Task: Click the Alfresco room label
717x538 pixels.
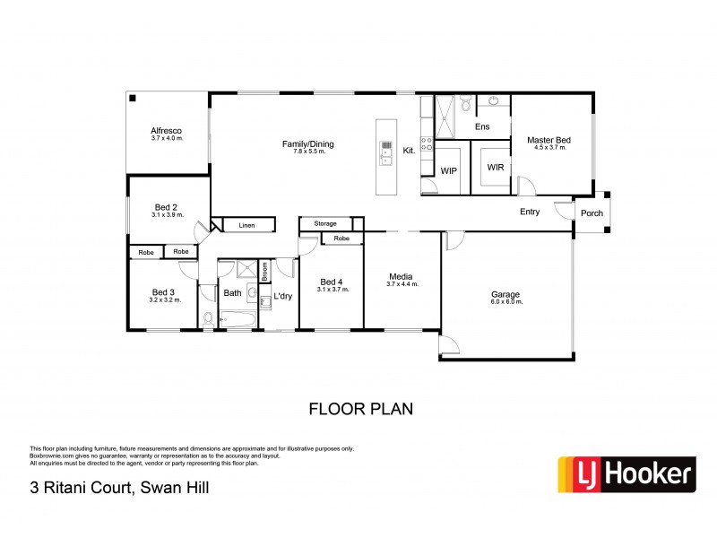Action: coord(167,131)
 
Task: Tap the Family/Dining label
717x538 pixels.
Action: coord(307,143)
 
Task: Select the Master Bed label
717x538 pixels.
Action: coord(549,141)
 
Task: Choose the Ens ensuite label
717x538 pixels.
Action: coord(482,127)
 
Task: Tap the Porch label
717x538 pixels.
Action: coord(592,213)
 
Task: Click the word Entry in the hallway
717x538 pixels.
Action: coord(530,213)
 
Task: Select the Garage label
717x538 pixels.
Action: coord(505,294)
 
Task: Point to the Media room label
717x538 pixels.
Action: coord(402,276)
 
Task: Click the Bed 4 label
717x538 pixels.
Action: coord(331,282)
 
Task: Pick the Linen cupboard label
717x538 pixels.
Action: coord(246,226)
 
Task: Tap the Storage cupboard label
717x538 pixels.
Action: coord(325,223)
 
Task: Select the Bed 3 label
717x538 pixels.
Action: coord(163,292)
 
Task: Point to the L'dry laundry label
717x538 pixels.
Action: coord(283,296)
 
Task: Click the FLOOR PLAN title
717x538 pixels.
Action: coord(360,409)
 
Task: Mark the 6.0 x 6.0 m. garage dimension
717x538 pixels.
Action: coord(505,302)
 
